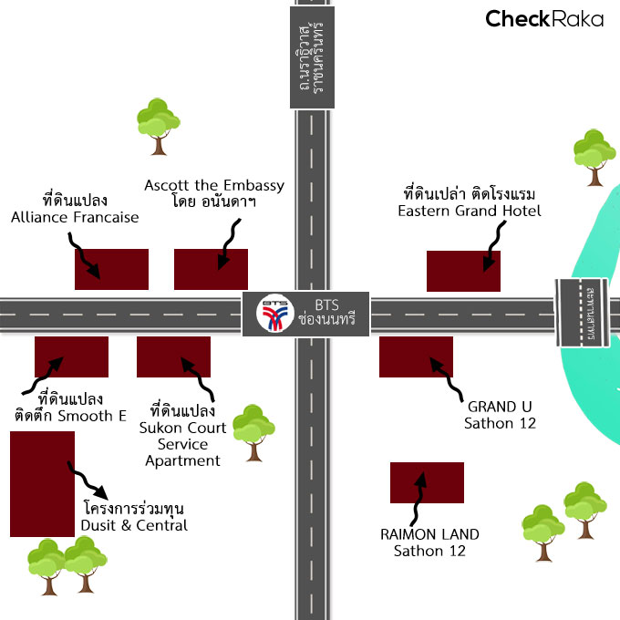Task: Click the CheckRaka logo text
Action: (543, 18)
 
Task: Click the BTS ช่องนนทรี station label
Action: (325, 314)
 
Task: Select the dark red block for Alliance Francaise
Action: (111, 269)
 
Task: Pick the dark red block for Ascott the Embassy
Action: (211, 269)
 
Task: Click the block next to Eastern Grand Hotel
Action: (463, 271)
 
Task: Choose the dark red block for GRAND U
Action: (416, 356)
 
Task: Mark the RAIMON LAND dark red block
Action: (427, 482)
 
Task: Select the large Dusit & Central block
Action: (42, 484)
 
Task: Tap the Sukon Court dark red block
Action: (173, 356)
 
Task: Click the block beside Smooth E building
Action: (71, 356)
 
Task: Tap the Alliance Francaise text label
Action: (75, 209)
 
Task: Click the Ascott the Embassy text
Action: (214, 193)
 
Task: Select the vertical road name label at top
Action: (311, 54)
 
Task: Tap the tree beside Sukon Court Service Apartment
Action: (253, 431)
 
